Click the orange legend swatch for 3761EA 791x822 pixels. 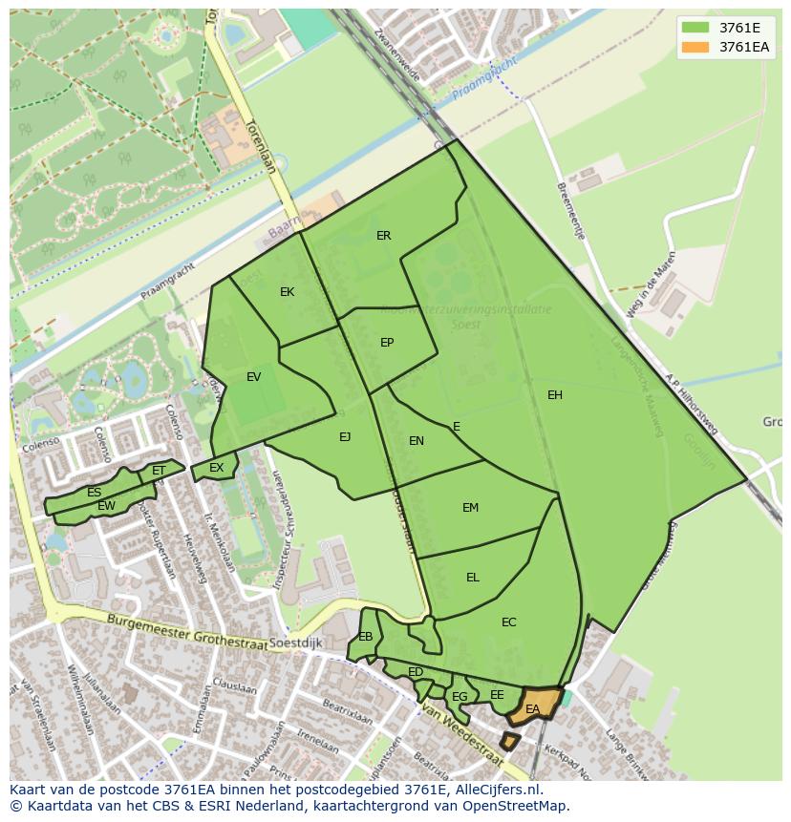coord(695,47)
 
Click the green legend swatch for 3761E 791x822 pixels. coord(695,28)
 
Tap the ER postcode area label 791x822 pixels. coord(383,236)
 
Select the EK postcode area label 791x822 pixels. coord(287,292)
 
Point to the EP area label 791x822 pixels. coord(387,343)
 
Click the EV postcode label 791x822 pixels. coord(253,377)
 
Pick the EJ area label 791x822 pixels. coord(345,437)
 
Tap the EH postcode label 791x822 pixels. coord(555,395)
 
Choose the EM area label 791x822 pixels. coord(470,508)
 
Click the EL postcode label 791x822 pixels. coord(472,578)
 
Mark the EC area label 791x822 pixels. coord(508,622)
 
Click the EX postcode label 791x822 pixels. coord(216,468)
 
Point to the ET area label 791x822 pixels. coord(159,471)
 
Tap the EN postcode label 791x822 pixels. coord(417,441)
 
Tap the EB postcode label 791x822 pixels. coord(366,637)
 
